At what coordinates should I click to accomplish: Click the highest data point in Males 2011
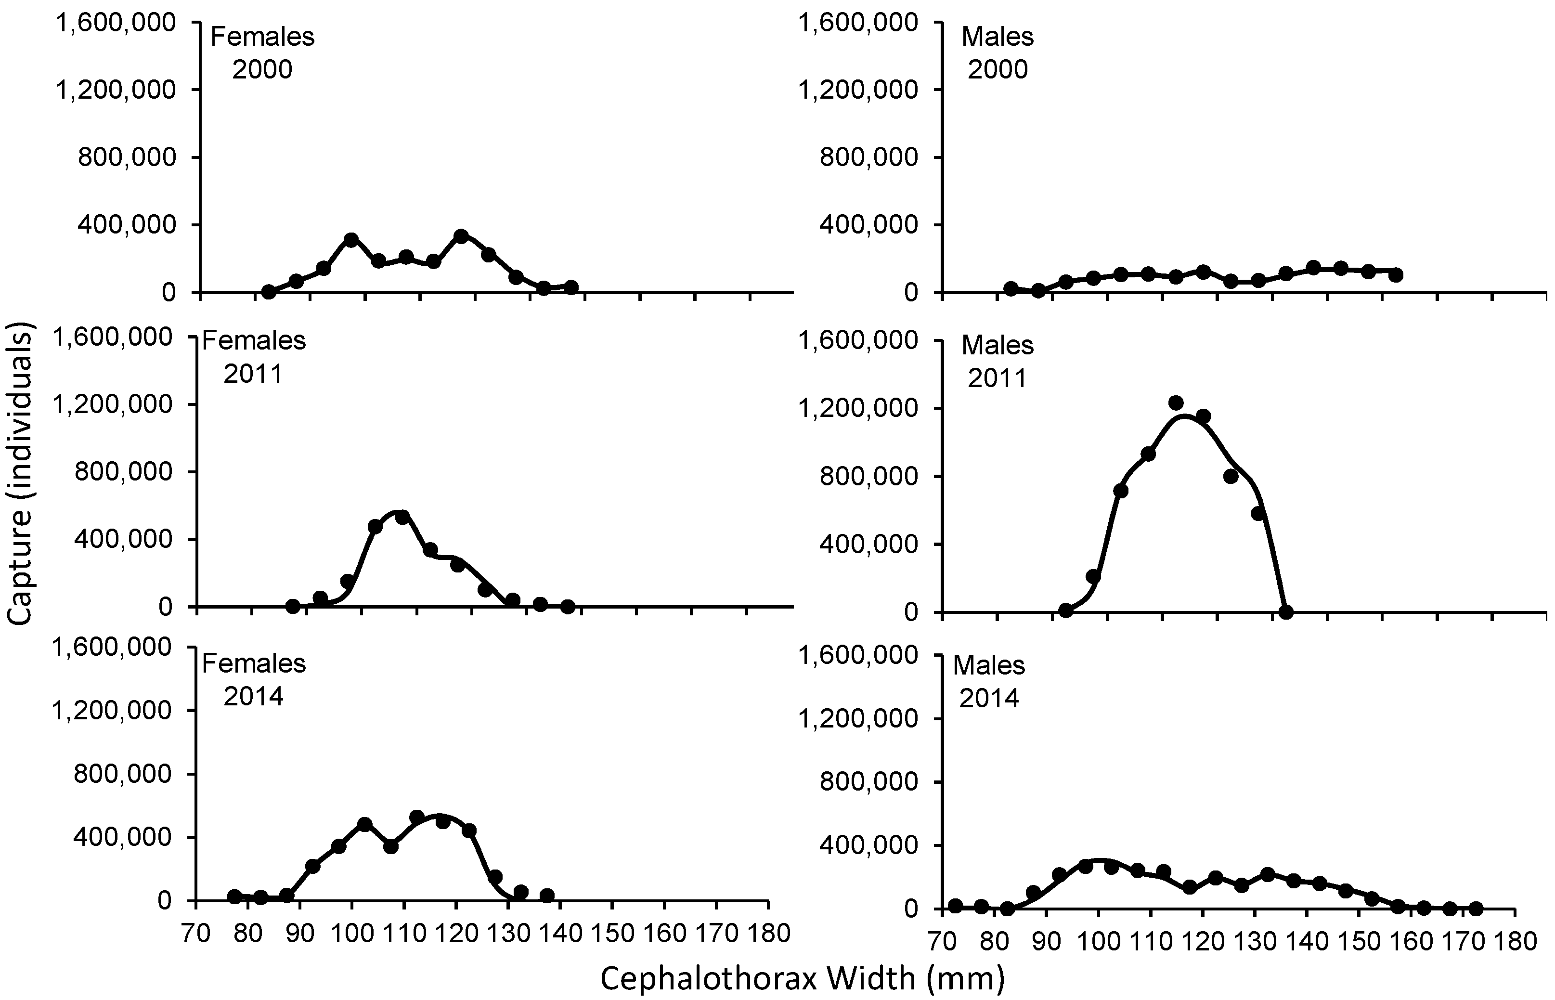pos(1175,403)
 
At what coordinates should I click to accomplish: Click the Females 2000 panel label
pos(262,52)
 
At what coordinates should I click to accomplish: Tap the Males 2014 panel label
pos(989,681)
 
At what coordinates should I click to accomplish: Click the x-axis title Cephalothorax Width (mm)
pos(802,978)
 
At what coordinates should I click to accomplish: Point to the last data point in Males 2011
pos(1285,611)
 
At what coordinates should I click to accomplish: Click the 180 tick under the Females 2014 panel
pos(768,933)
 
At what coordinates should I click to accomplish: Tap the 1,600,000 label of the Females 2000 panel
pos(116,23)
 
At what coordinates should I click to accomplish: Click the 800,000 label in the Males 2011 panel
pos(864,477)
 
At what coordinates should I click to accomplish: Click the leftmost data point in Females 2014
pos(235,896)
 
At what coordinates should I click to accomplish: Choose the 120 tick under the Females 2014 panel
pos(456,933)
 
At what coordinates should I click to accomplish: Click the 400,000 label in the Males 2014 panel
pos(864,845)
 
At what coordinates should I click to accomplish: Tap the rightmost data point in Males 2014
pos(1475,909)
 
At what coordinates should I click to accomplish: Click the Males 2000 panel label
pos(998,52)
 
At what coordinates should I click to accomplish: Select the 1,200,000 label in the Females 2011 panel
pos(116,404)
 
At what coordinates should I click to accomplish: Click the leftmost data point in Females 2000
pos(268,292)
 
